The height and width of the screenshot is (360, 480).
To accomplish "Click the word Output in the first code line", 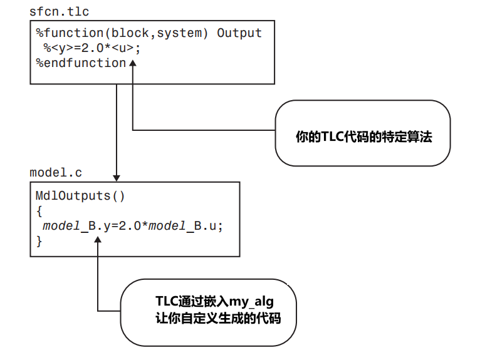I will pyautogui.click(x=239, y=33).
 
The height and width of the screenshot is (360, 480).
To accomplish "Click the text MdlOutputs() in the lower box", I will pyautogui.click(x=80, y=195).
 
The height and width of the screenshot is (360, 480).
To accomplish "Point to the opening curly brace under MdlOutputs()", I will pyautogui.click(x=39, y=210).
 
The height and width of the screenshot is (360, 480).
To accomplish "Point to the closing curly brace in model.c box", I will pyautogui.click(x=39, y=240).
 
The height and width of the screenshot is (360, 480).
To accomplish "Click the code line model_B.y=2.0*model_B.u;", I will pyautogui.click(x=132, y=225).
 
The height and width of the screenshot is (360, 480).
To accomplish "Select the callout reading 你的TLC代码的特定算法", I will pyautogui.click(x=363, y=133).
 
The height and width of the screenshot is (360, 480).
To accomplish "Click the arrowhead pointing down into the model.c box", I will pyautogui.click(x=117, y=178).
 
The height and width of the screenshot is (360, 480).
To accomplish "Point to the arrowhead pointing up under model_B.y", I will pyautogui.click(x=98, y=239).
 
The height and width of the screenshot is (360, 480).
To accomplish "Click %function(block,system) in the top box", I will pyautogui.click(x=123, y=33).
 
